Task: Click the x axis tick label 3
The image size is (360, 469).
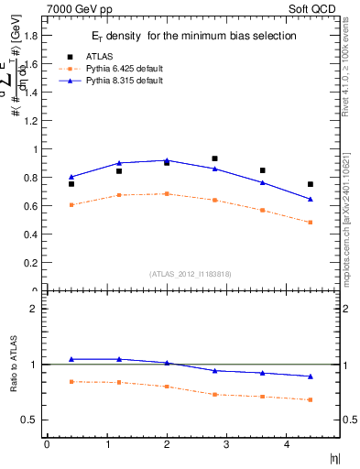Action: pos(226,444)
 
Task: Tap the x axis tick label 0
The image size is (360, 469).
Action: pos(47,444)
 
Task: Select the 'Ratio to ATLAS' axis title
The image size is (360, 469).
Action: pos(13,365)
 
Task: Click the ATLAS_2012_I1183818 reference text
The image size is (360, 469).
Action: pos(191,274)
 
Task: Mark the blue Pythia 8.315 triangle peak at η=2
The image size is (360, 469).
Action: pos(167,160)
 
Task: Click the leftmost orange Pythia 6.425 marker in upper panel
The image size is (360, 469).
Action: pos(71,205)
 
